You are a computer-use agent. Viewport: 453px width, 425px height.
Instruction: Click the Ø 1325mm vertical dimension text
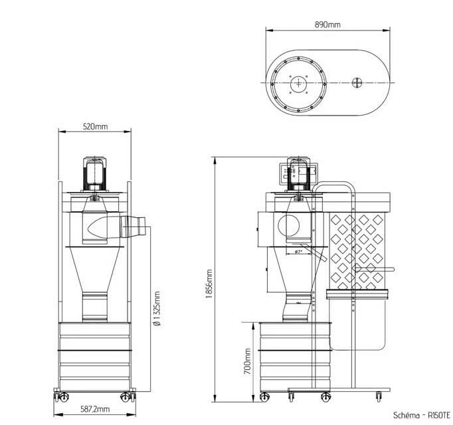click(156, 309)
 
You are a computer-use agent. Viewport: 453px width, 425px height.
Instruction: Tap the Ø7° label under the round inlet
click(298, 252)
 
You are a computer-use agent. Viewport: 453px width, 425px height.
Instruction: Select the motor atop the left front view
click(94, 174)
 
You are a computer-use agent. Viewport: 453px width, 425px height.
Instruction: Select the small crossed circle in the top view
click(357, 82)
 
